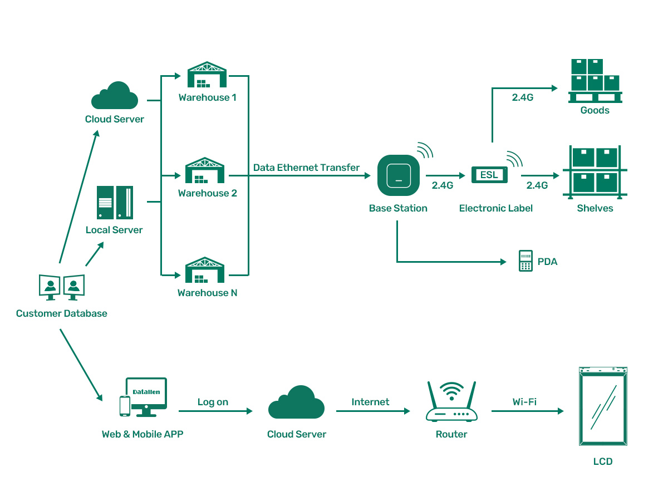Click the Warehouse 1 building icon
pos(207,75)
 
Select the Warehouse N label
pos(207,293)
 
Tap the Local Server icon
pos(115,202)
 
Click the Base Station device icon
pos(398,175)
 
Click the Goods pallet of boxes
pos(595,81)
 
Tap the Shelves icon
pos(595,173)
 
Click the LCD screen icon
pos(603,406)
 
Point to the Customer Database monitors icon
pos(62,287)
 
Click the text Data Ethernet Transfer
pos(306,168)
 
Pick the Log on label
pos(213,402)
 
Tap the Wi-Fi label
pos(524,401)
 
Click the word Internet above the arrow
pos(370,402)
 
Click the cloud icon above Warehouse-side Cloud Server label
pos(115,96)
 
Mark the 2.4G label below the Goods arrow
pos(523,97)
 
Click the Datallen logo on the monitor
pos(146,392)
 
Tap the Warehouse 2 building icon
pos(205,171)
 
